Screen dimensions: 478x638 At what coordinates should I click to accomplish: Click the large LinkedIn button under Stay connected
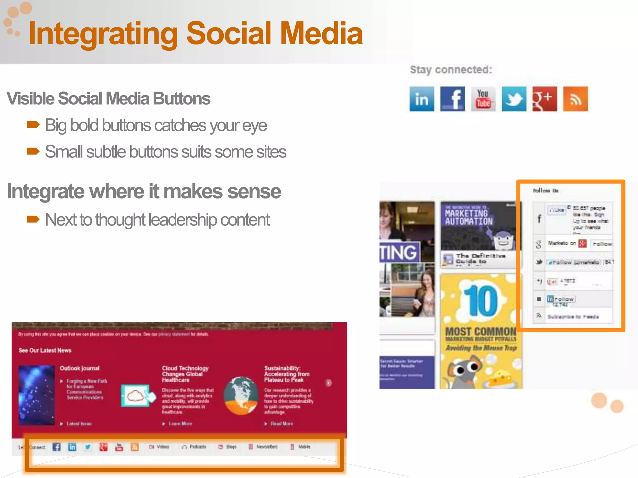pos(421,99)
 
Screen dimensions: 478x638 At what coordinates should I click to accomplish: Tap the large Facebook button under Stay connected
pos(452,99)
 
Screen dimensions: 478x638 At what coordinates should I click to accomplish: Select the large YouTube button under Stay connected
pos(483,99)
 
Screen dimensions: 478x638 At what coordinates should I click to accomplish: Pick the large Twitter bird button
pos(514,99)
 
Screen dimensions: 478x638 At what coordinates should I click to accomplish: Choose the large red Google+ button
pos(545,99)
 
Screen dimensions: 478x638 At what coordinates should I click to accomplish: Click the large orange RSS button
pos(575,99)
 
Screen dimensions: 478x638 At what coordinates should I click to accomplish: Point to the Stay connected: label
pos(451,70)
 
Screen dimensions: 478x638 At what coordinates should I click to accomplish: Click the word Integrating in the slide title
pos(103,34)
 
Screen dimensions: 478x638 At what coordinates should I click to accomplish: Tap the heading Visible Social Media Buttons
pos(108,99)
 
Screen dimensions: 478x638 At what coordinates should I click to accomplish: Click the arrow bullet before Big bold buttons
pos(33,125)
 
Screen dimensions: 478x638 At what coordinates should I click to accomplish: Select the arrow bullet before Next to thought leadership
pos(33,219)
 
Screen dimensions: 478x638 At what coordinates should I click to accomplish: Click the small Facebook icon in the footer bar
pos(57,447)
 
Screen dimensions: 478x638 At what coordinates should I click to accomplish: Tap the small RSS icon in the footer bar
pos(135,447)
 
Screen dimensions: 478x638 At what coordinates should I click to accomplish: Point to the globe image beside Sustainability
pos(241,396)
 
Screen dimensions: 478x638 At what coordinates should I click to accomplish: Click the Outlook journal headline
pos(80,368)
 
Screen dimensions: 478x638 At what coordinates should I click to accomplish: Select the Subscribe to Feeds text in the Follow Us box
pos(573,316)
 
